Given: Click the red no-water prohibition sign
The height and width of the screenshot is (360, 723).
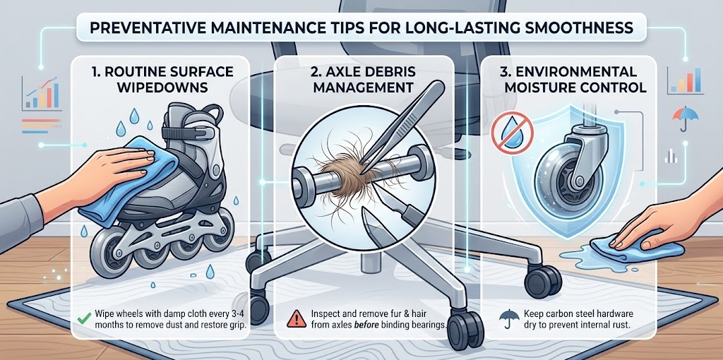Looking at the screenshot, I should click(512, 131).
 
